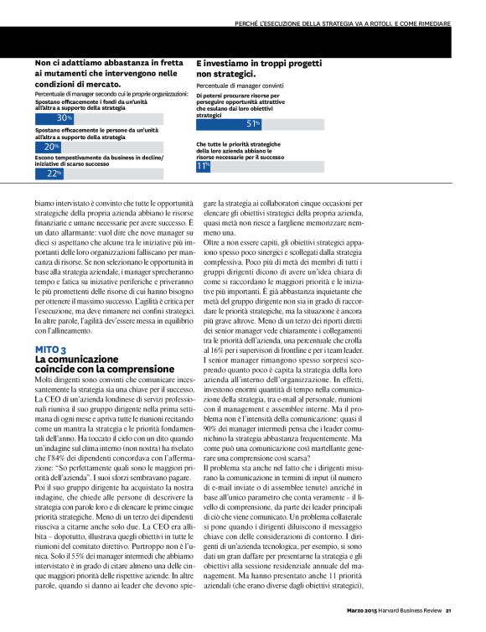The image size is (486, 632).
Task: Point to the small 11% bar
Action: click(202, 166)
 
